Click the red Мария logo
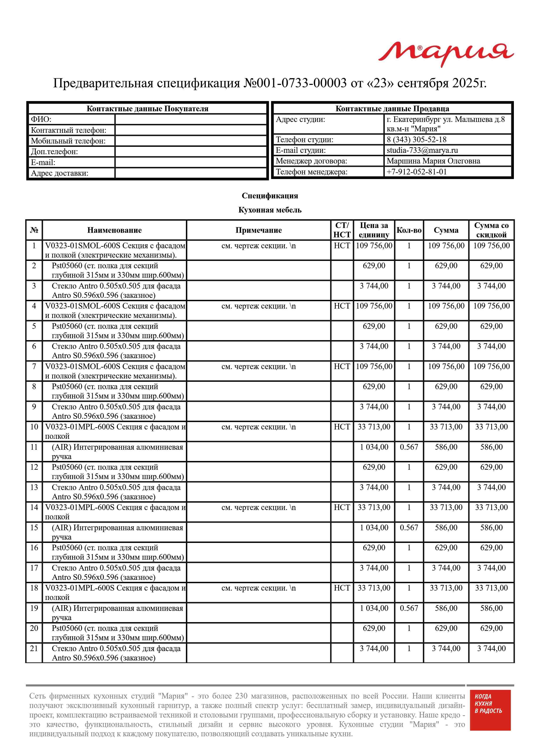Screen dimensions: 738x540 pos(446,54)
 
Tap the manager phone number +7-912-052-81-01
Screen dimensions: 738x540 pos(417,172)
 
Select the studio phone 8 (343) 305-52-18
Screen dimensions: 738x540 pos(417,140)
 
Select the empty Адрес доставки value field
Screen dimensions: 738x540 pos(191,173)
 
